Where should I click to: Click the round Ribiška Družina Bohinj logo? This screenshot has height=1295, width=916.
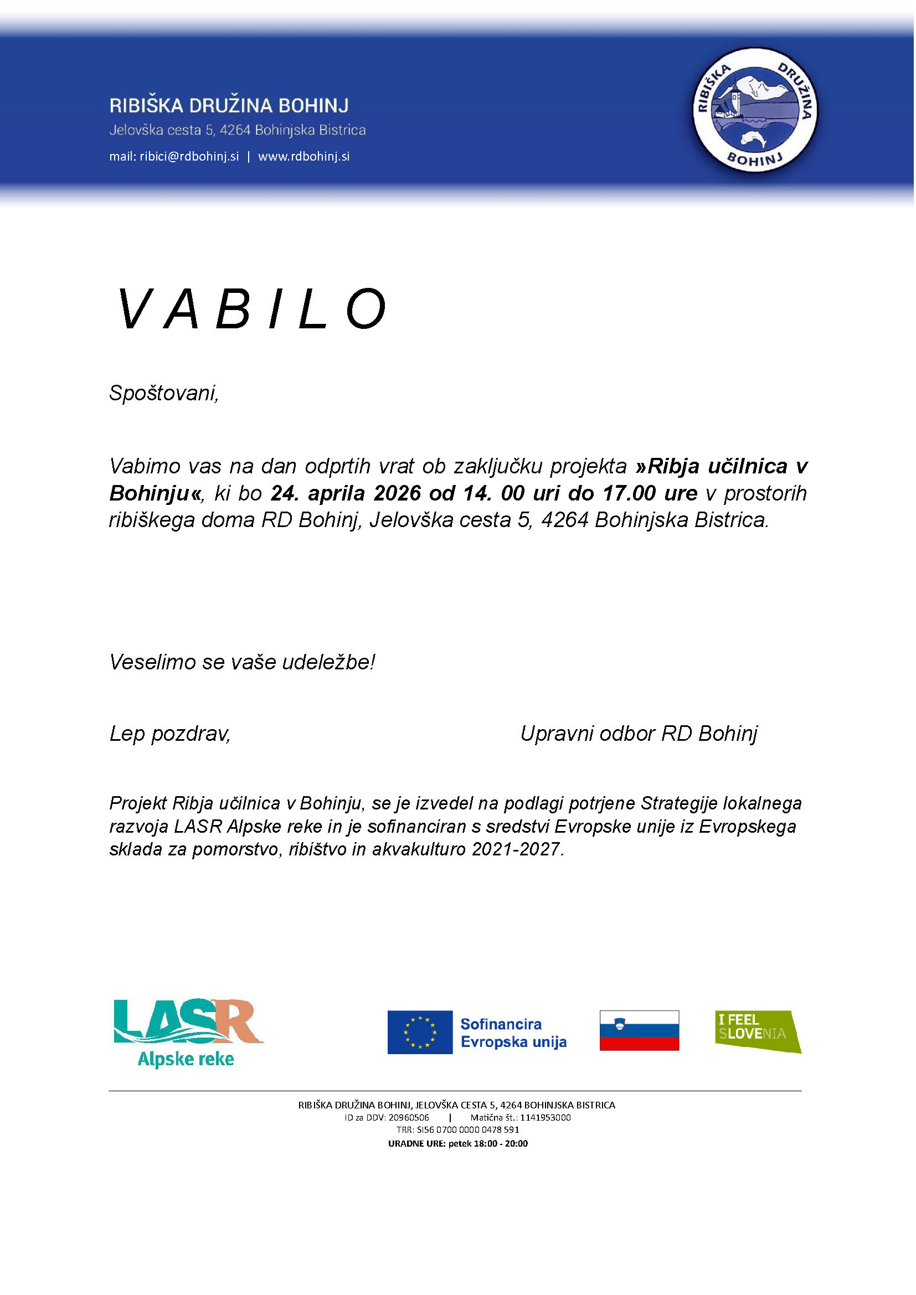coord(755,110)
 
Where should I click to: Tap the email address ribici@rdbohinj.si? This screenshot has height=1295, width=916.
coord(189,156)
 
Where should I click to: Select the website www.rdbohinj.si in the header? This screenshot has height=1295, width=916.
coord(303,156)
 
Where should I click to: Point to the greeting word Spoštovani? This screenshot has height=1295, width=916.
coord(163,393)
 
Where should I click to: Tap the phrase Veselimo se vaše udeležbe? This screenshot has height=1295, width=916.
coord(242,662)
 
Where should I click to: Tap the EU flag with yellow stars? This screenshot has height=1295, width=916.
coord(420,1032)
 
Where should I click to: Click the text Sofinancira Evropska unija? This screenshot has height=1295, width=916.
coord(513,1033)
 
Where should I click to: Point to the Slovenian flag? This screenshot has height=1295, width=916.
coord(639,1030)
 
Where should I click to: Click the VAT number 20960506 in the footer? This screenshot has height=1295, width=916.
coord(408,1117)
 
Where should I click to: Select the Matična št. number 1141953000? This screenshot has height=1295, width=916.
coord(545,1117)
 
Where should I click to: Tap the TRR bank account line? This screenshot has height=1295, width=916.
coord(457,1130)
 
